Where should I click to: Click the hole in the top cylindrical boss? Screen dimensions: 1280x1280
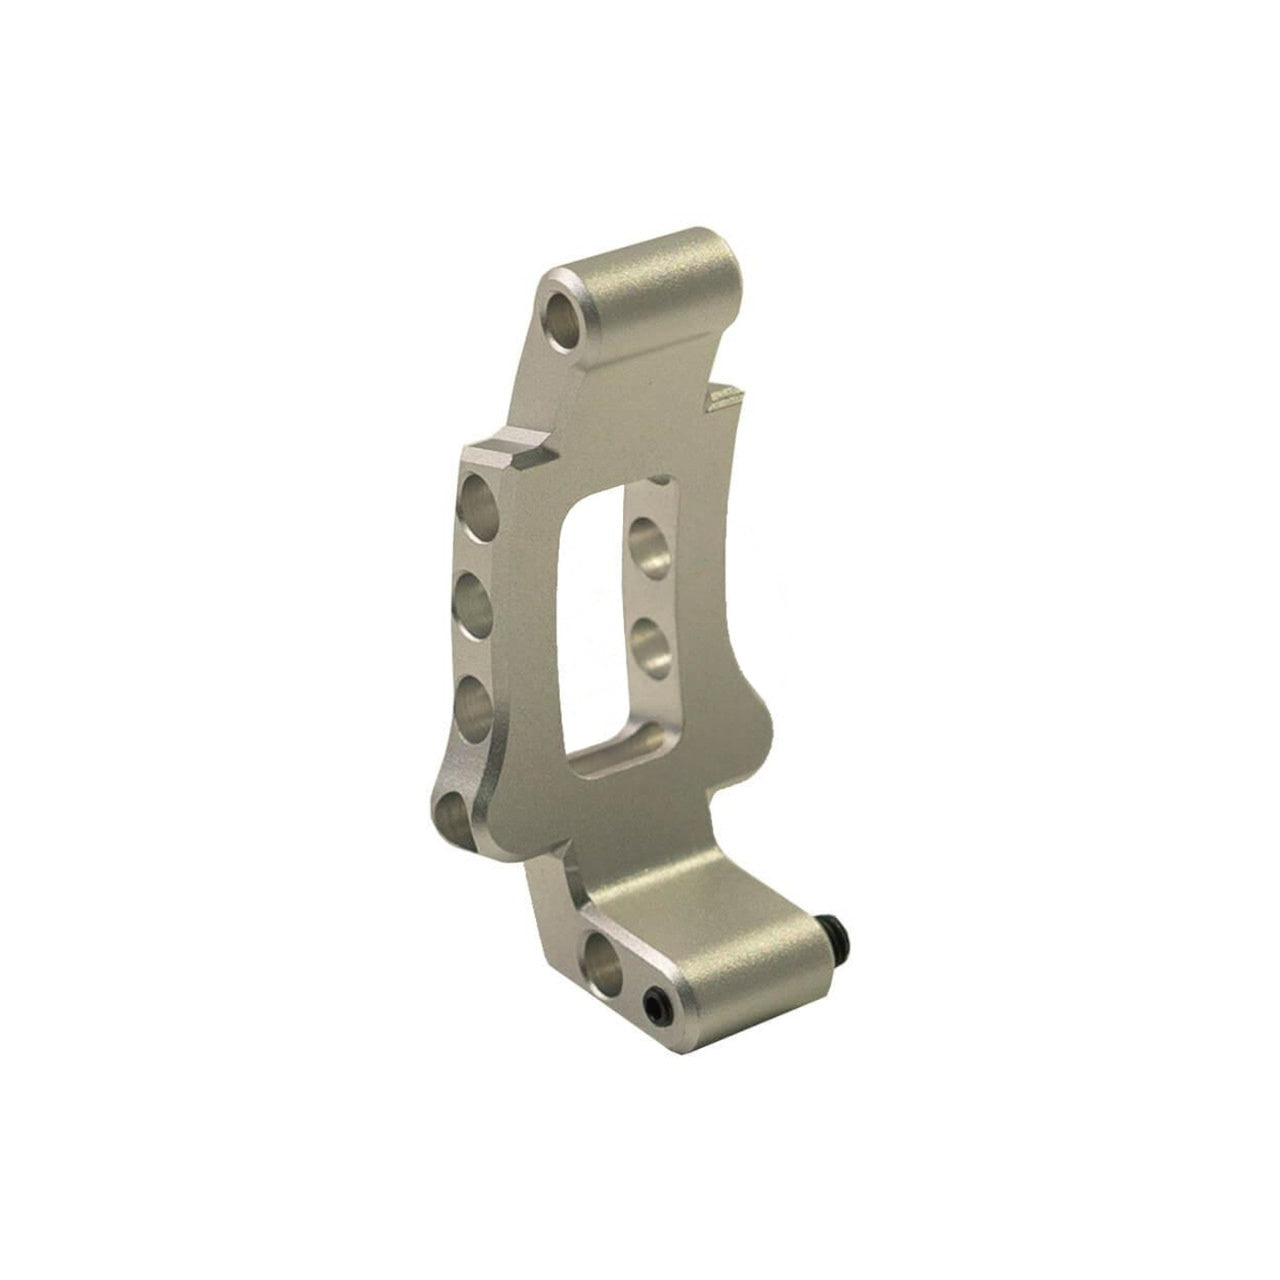click(565, 315)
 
